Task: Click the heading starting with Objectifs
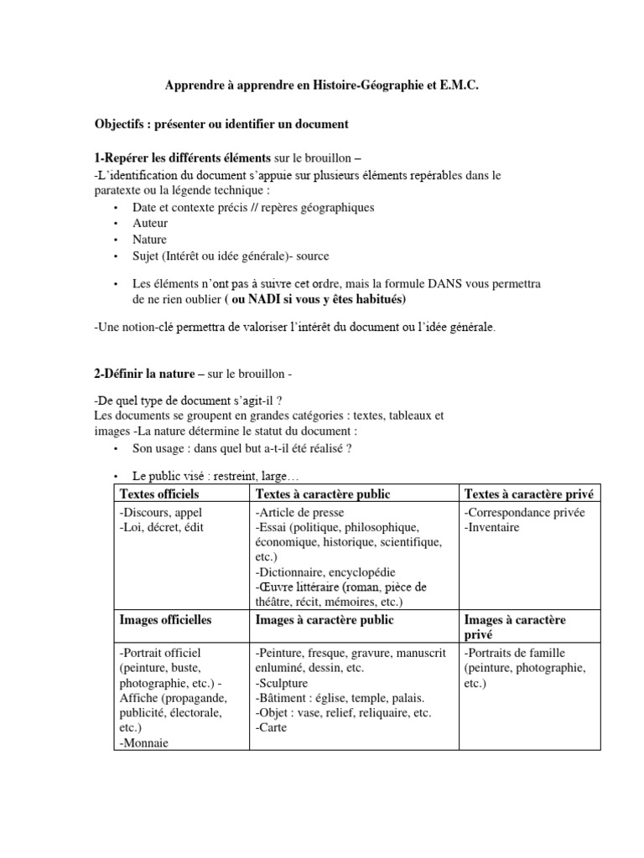click(221, 124)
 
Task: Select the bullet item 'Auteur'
click(150, 223)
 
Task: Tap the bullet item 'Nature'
click(151, 239)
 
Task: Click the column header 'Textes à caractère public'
click(323, 494)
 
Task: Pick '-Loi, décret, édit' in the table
click(162, 527)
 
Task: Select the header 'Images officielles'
click(165, 620)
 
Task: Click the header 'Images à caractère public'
click(324, 620)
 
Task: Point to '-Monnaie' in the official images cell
click(144, 742)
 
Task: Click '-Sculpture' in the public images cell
click(282, 683)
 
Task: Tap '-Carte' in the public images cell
click(271, 727)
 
